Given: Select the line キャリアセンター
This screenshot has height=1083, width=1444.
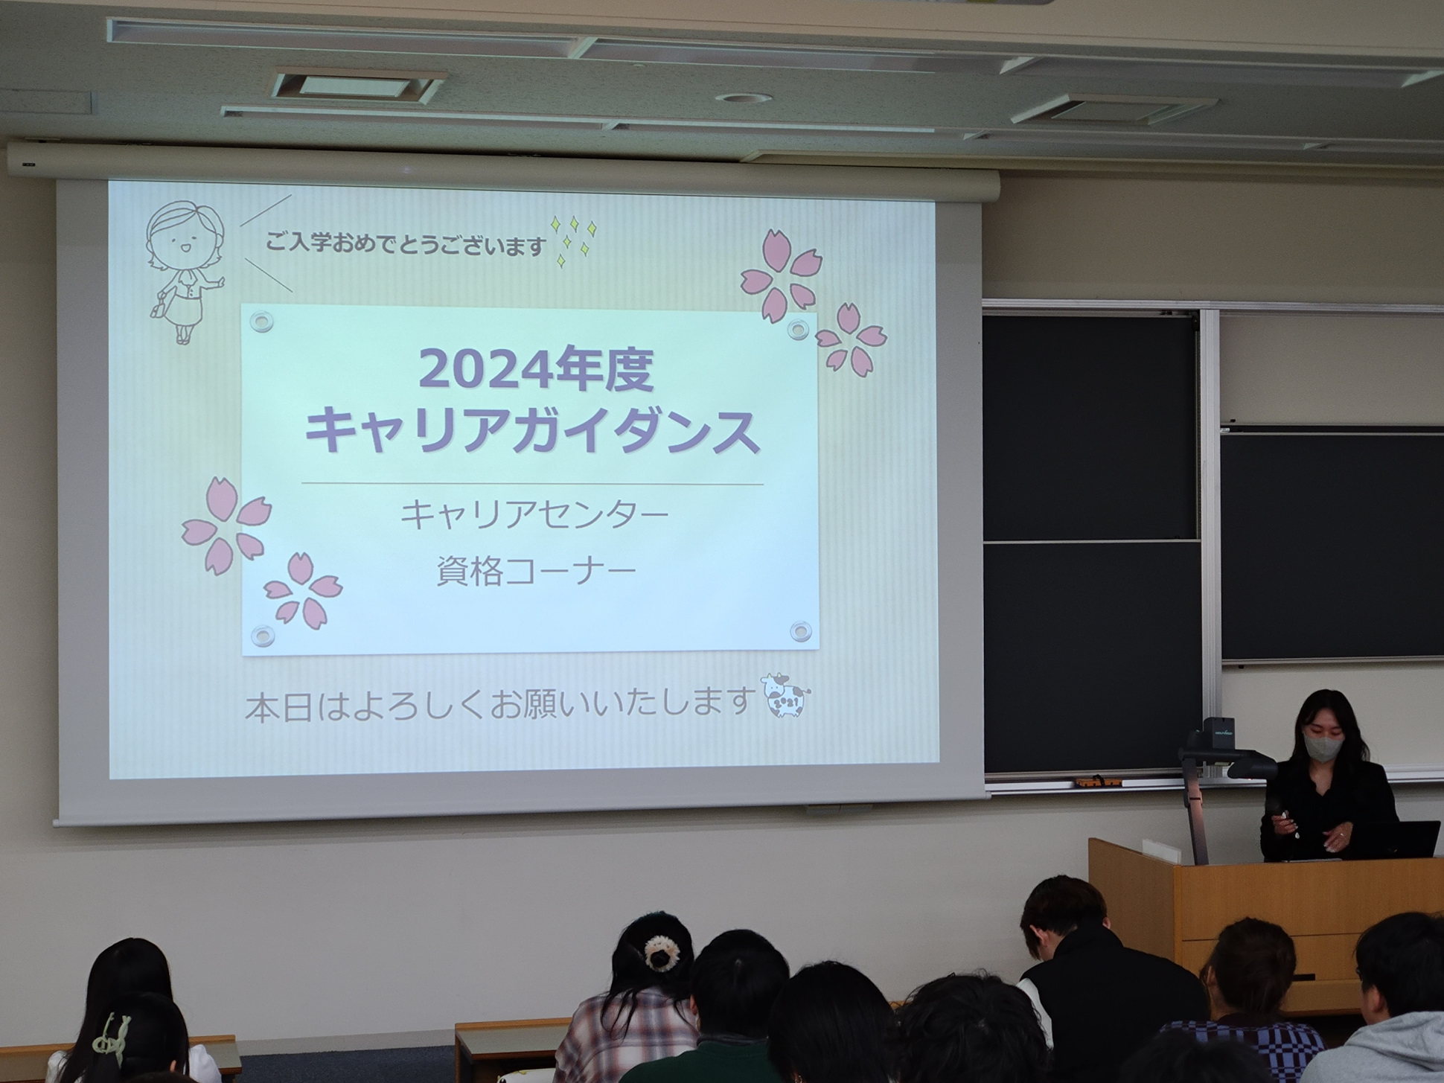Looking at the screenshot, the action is (534, 515).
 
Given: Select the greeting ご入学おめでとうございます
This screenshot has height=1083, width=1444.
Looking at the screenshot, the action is (406, 243).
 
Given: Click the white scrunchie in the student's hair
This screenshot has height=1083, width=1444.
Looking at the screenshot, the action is (659, 953).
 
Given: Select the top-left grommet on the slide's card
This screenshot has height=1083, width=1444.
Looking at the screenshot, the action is (262, 322).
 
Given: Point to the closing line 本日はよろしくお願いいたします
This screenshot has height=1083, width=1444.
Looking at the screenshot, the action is (497, 703).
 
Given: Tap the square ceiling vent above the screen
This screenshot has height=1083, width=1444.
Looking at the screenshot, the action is (359, 86).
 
